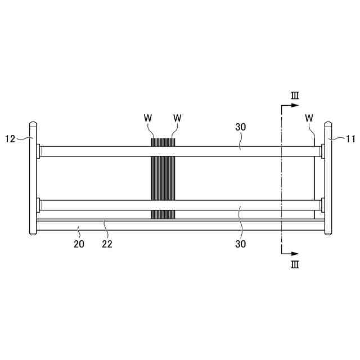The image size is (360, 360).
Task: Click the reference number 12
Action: (10, 139)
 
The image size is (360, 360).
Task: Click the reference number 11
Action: (350, 139)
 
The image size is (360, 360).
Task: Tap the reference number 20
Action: (79, 244)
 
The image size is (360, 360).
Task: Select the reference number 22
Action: (107, 244)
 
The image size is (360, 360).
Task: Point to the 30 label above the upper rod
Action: (240, 127)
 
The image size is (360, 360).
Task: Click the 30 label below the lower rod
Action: (240, 244)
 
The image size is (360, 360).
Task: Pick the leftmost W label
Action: (148, 118)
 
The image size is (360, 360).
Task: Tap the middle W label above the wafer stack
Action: (177, 118)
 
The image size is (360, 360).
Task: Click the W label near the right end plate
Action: (309, 118)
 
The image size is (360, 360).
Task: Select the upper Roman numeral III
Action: (295, 96)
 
